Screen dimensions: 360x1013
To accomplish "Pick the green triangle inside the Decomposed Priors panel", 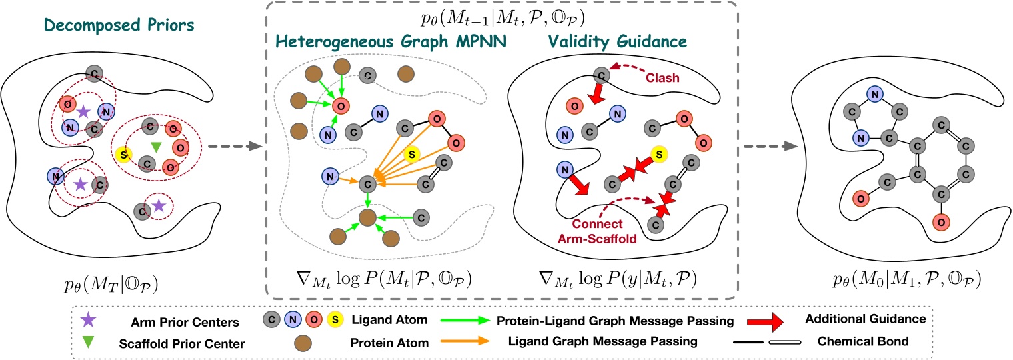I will click(155, 146).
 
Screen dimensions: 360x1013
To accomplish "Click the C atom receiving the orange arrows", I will click(365, 183).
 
